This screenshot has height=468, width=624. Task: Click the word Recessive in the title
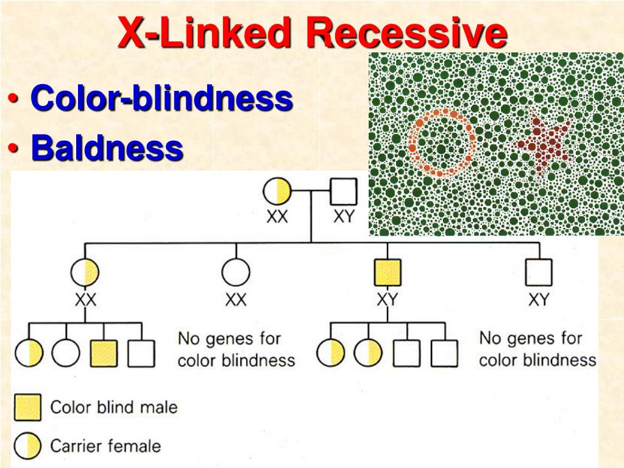[x=406, y=33]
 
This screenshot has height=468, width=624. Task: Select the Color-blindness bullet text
[x=162, y=97]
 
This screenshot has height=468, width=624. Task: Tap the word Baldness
[x=107, y=147]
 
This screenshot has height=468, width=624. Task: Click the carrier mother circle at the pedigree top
[x=277, y=191]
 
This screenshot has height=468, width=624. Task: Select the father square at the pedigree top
[x=344, y=191]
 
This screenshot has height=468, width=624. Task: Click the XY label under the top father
[x=344, y=216]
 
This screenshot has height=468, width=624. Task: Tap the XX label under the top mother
[x=277, y=216]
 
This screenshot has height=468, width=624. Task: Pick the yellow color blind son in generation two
[x=388, y=272]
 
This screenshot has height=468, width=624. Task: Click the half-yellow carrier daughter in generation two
[x=85, y=272]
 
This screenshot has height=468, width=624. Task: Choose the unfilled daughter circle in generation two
[x=236, y=272]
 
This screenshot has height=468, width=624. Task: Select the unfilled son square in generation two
[x=539, y=272]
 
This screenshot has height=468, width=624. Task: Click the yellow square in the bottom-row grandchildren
[x=104, y=353]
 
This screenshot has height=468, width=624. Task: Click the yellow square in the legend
[x=27, y=408]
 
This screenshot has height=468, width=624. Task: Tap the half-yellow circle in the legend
[x=27, y=446]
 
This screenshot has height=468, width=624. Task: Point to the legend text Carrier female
[x=105, y=446]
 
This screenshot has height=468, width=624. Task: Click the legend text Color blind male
[x=114, y=407]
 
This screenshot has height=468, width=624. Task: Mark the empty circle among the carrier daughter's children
[x=66, y=353]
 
